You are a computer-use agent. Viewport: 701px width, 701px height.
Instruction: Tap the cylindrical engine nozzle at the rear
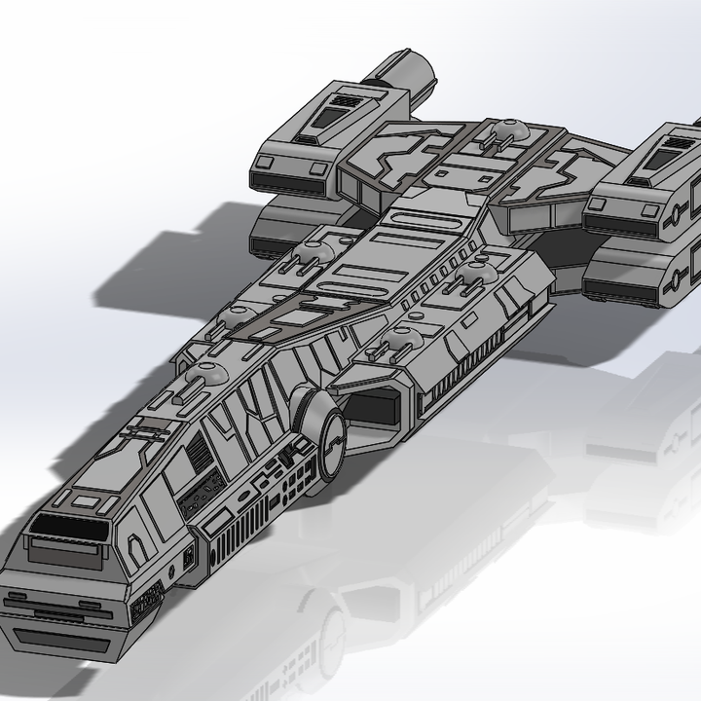[x=405, y=72]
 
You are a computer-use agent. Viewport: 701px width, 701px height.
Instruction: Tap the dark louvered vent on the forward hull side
[x=199, y=453]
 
